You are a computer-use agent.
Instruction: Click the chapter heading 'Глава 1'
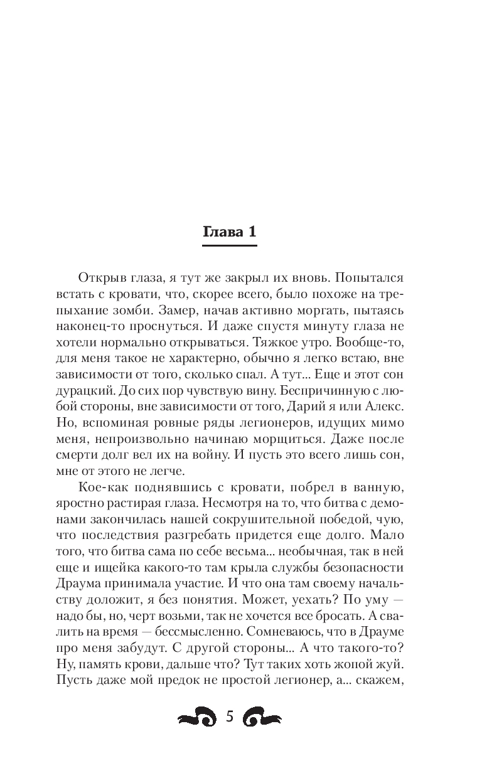pyautogui.click(x=230, y=232)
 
